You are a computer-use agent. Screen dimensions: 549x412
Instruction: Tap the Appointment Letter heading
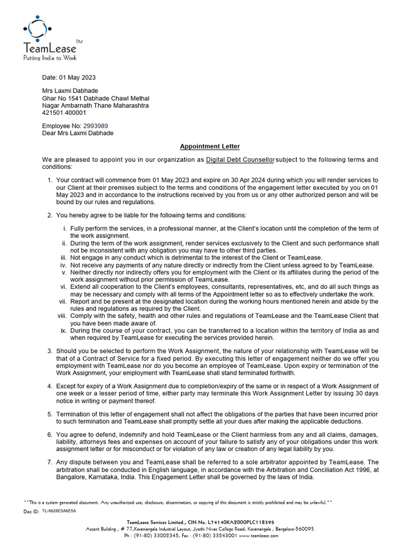(x=210, y=146)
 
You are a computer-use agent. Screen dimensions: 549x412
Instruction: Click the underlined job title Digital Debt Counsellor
(x=240, y=160)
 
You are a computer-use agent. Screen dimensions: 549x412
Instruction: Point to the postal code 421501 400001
(x=64, y=113)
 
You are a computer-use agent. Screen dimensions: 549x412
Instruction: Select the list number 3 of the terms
(x=49, y=351)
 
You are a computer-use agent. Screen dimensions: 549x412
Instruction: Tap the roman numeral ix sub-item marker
(x=63, y=331)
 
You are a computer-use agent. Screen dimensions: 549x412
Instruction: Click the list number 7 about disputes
(x=49, y=462)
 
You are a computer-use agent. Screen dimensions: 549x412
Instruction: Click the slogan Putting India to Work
(x=49, y=57)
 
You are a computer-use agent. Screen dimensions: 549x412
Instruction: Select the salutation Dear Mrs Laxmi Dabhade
(x=78, y=133)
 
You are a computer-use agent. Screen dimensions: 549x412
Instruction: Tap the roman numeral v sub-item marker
(x=64, y=272)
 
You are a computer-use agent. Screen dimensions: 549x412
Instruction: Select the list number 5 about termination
(x=49, y=414)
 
